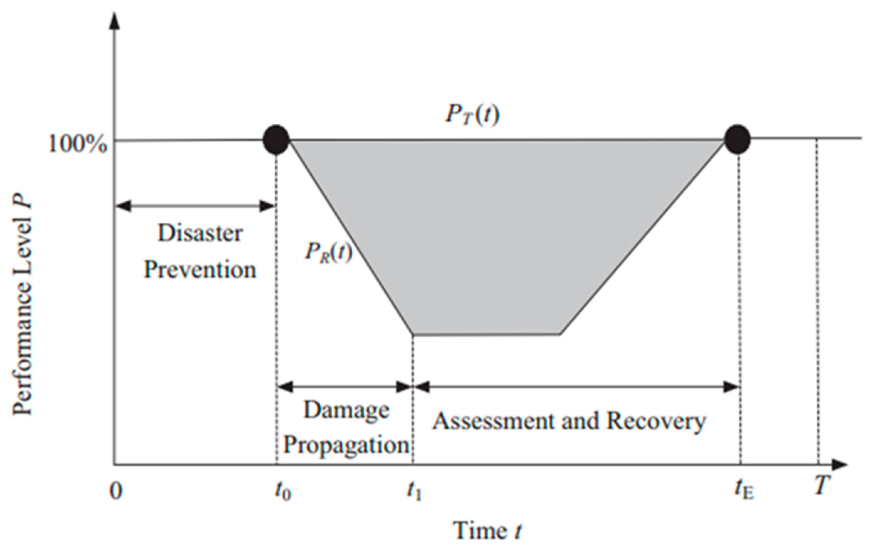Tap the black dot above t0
click(x=277, y=140)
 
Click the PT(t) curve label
click(x=472, y=115)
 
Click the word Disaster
click(x=200, y=233)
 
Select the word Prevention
click(x=200, y=270)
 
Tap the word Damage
click(x=346, y=410)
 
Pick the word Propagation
click(x=346, y=445)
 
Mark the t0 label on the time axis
click(x=283, y=492)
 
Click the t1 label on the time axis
click(x=414, y=492)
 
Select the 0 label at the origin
click(x=116, y=492)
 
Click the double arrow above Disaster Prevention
click(x=195, y=207)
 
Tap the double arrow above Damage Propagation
click(x=345, y=387)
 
